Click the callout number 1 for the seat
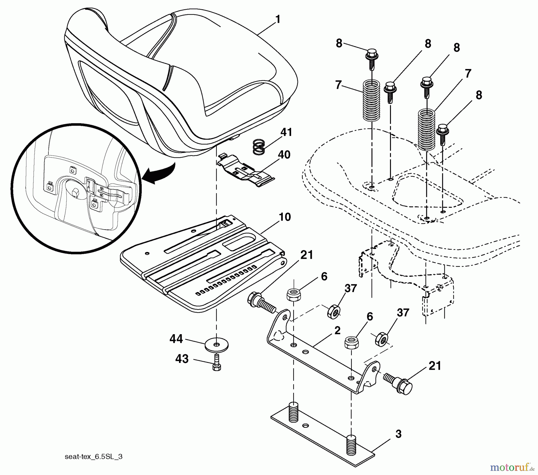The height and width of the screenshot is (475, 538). (278, 19)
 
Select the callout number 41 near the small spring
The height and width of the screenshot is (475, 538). (286, 132)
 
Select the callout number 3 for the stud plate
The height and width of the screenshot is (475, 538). (398, 434)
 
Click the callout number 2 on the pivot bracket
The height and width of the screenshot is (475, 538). (337, 331)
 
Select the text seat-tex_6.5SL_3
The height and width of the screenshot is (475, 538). (94, 457)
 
